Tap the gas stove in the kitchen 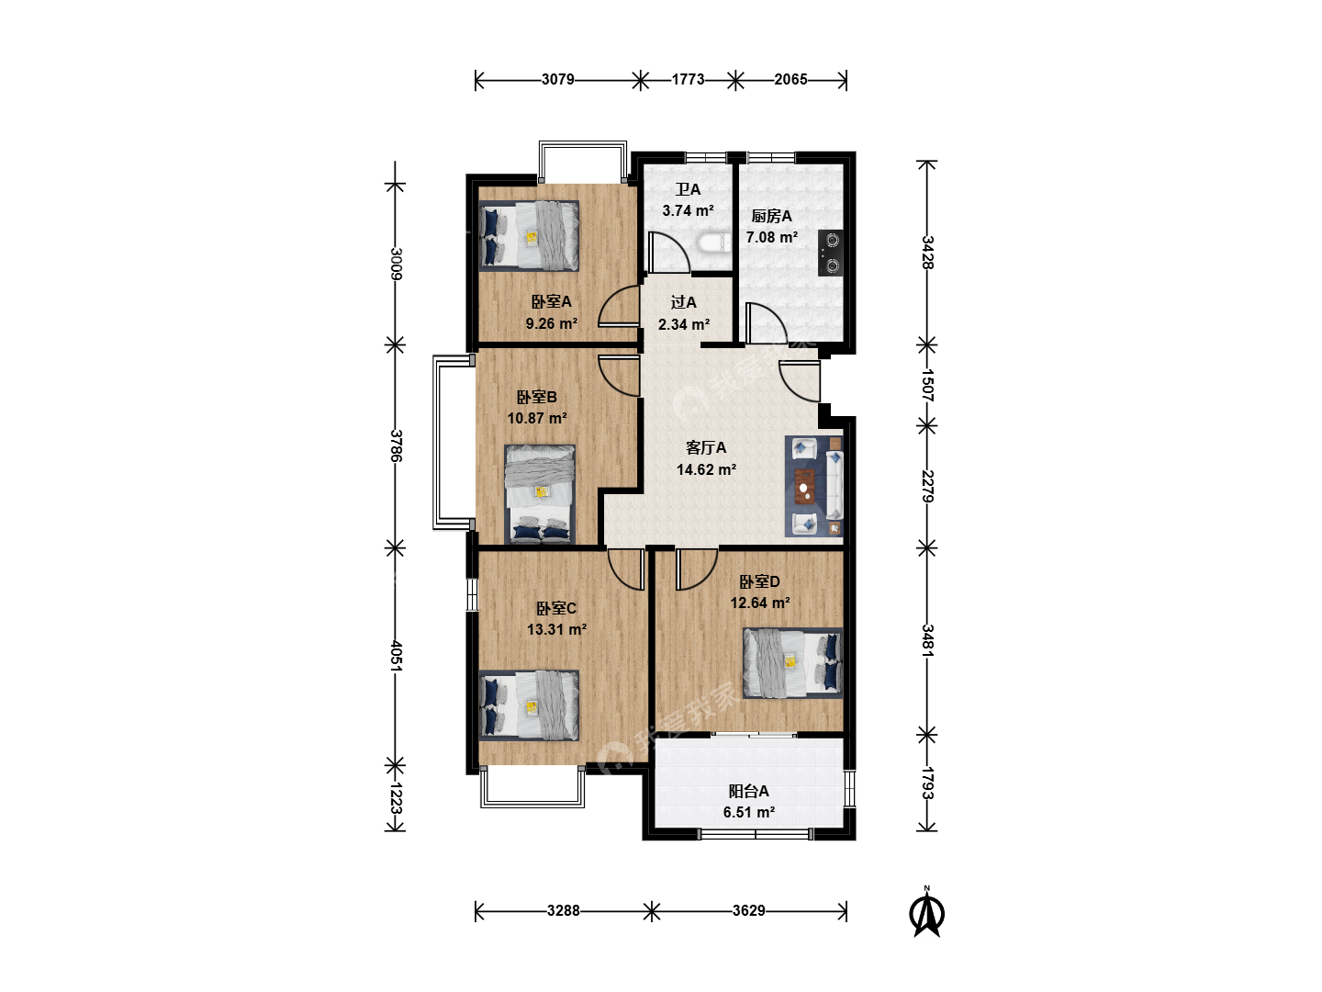830,253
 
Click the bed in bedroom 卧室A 529,235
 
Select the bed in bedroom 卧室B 540,494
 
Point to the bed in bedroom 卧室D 792,663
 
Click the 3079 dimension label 557,80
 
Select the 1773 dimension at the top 688,80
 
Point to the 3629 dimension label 748,910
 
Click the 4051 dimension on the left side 396,656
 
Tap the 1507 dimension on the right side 927,386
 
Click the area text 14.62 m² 707,469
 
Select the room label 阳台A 748,791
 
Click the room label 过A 684,302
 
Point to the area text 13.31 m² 557,629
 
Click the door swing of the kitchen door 766,322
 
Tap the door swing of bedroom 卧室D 697,569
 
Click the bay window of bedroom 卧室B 454,443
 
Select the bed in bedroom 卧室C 529,705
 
